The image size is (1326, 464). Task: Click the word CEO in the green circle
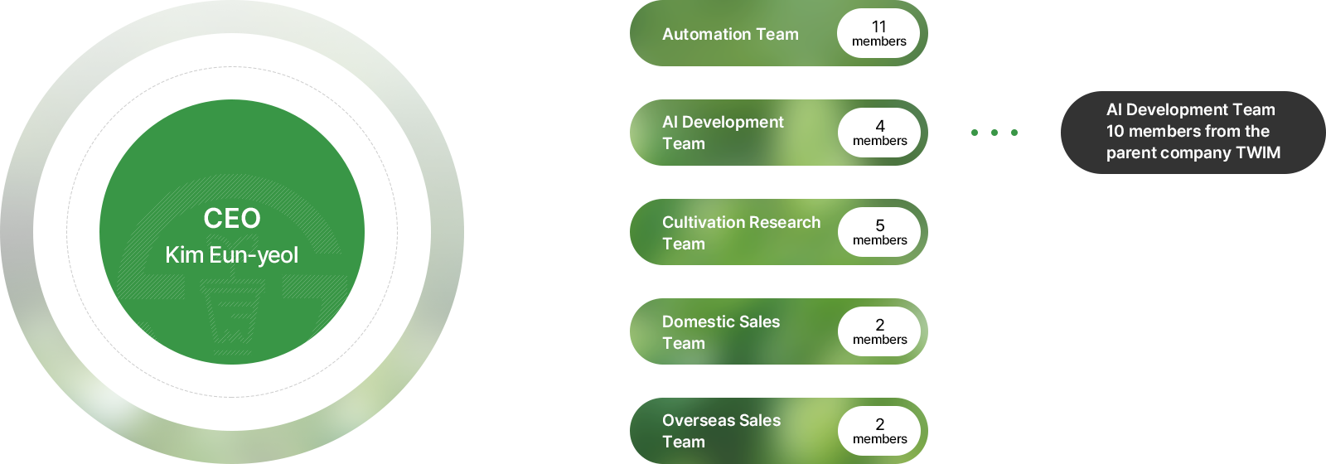231,218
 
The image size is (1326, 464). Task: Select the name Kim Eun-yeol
231,255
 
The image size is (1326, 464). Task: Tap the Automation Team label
730,34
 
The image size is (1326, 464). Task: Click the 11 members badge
878,33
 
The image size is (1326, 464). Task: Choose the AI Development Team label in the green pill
722,133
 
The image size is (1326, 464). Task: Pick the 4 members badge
879,133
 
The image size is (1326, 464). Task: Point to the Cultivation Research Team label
741,233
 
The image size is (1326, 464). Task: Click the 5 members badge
879,232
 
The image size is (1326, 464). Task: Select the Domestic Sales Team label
720,332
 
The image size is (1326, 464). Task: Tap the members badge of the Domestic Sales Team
879,331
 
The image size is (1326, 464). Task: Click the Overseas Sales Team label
721,431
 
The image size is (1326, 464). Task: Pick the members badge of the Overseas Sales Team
879,431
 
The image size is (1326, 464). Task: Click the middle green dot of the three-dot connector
994,133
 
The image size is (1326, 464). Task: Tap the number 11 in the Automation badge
878,27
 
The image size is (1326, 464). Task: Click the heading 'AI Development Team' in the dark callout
1190,109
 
